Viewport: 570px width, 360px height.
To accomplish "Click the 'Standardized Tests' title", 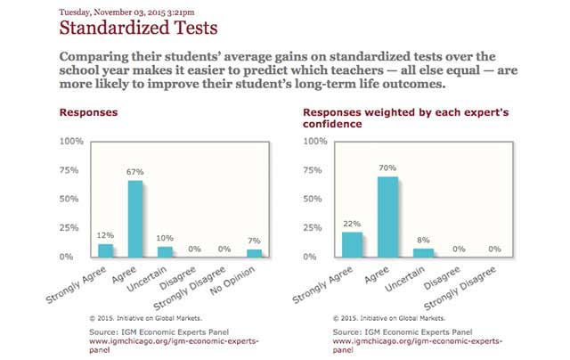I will tap(137, 29).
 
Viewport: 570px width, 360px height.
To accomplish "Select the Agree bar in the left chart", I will tap(135, 218).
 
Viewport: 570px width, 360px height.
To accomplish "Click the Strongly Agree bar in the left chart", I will tap(105, 250).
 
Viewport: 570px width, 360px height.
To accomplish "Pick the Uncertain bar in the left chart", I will tap(165, 252).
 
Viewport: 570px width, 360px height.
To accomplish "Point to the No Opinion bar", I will tap(255, 253).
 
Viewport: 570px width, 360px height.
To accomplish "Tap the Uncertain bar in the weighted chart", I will tap(422, 252).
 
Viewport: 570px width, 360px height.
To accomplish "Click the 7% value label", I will tap(255, 241).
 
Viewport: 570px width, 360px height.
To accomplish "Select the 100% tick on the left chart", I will tap(71, 142).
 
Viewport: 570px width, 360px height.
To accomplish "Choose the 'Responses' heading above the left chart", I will tap(88, 113).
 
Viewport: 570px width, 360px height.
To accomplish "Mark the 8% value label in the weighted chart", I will tap(422, 240).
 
